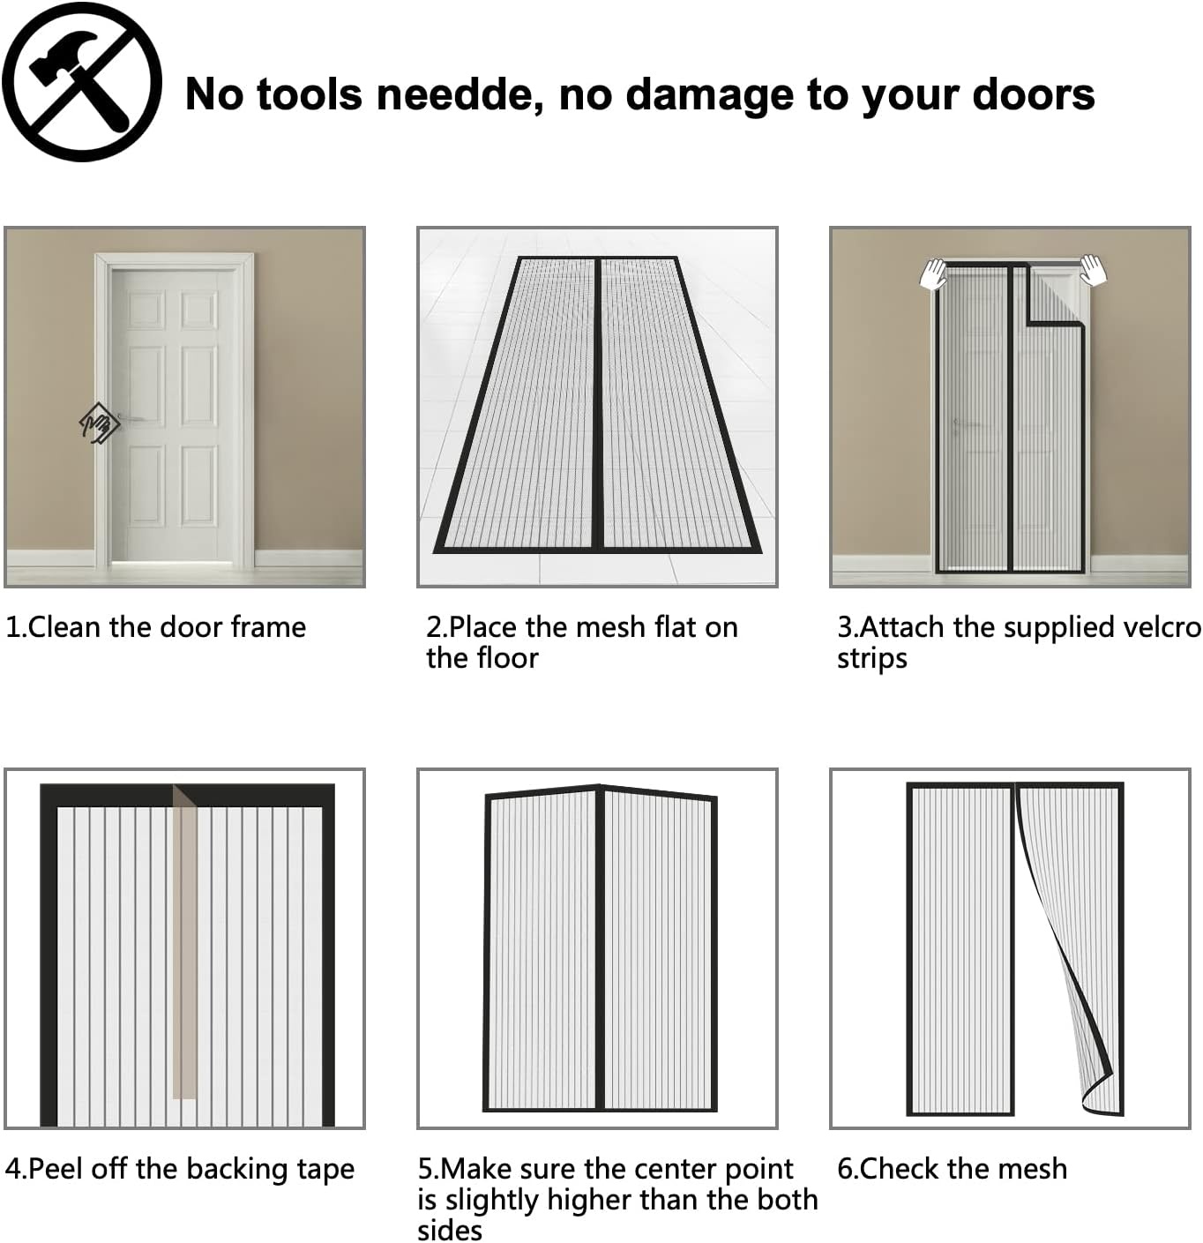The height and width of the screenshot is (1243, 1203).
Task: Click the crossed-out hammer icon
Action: (81, 81)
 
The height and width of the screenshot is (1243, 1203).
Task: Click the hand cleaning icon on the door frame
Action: (99, 423)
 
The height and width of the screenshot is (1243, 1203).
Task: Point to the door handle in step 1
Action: (131, 418)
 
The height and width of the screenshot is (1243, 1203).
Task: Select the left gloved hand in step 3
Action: (933, 274)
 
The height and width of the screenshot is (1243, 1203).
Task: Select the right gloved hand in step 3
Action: (1093, 270)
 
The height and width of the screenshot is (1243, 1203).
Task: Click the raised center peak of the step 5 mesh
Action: (600, 788)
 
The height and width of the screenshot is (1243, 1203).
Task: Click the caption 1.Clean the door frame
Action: (156, 627)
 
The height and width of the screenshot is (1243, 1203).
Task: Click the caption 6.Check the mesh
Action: (952, 1169)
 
